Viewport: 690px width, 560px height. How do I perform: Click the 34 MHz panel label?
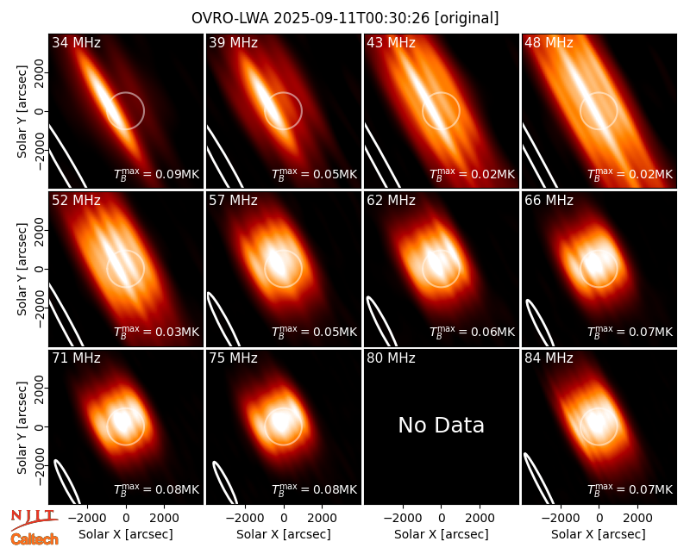click(76, 42)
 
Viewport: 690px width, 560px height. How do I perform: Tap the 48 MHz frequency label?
click(549, 42)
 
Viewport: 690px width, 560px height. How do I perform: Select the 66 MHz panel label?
click(549, 201)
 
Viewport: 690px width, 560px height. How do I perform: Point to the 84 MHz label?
click(549, 358)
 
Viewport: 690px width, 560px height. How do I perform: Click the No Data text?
click(441, 425)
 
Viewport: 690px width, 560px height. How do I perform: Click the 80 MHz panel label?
click(391, 358)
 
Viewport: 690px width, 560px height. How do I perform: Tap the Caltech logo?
click(34, 539)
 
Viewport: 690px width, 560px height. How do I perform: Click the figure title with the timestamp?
click(345, 18)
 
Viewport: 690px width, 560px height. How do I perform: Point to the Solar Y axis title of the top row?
click(22, 112)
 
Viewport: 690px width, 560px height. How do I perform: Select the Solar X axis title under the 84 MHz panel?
click(599, 534)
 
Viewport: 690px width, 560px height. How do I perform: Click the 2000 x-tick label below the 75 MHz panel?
click(322, 519)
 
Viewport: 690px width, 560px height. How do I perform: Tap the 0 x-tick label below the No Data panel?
click(442, 519)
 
